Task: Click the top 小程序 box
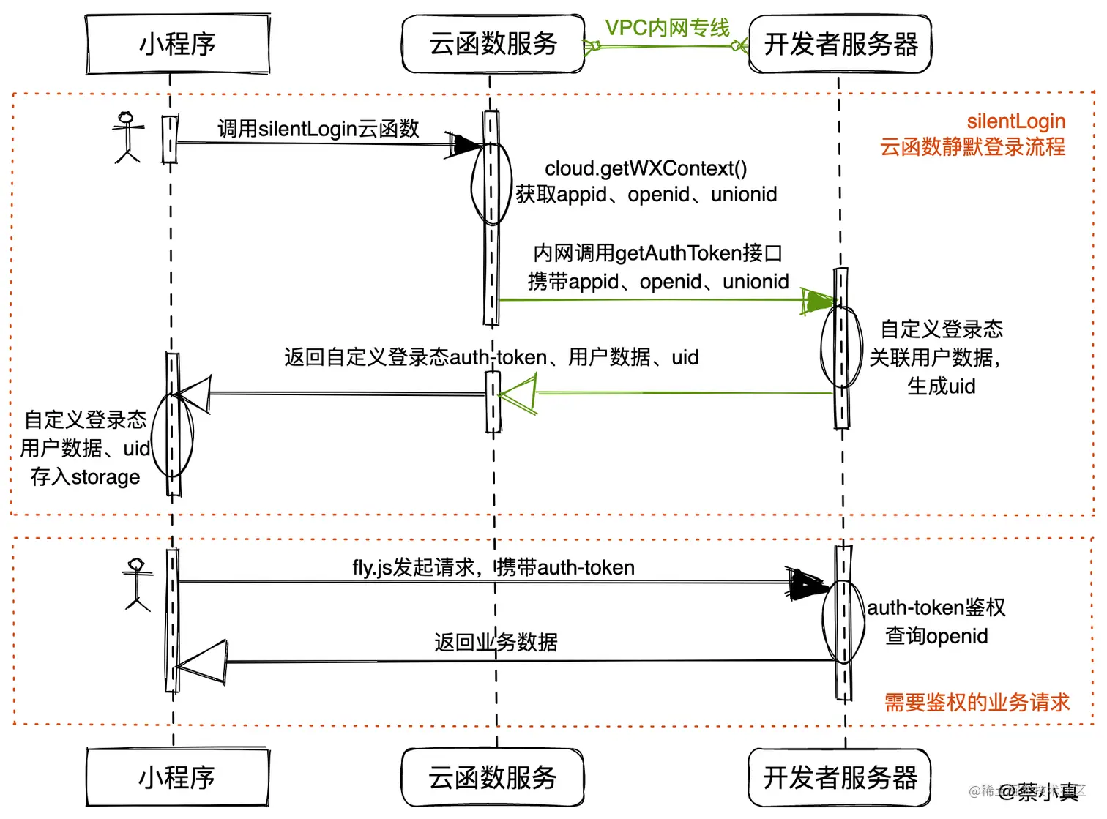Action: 178,44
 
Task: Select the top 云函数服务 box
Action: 493,44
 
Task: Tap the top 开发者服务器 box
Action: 840,44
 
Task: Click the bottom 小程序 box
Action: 177,777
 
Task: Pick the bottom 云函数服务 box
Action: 492,777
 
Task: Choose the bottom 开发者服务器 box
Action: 840,777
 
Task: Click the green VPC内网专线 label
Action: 667,28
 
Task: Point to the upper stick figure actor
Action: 127,137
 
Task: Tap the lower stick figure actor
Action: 137,584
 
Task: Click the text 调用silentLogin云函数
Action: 318,129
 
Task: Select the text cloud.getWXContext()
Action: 645,168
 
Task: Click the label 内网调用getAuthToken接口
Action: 657,253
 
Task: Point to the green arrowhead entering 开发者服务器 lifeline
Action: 819,301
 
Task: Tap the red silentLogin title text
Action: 1015,121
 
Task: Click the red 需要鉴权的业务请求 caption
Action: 976,703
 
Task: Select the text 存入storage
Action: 85,477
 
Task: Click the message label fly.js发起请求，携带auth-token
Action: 493,568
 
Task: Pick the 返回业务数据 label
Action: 496,643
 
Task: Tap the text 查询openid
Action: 936,636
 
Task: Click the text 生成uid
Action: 941,386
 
